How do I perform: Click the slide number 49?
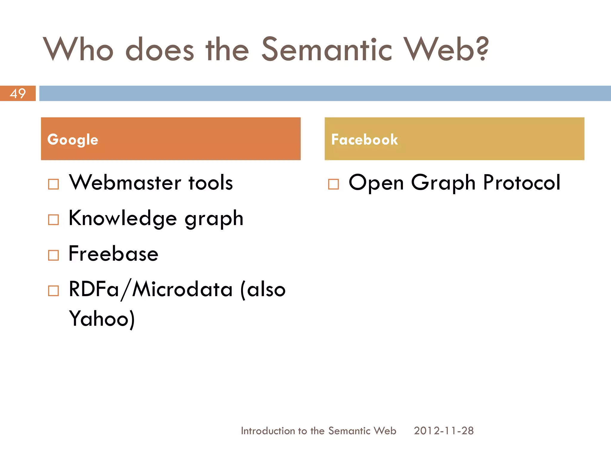click(18, 94)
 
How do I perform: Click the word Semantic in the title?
click(326, 49)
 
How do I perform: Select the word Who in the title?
click(78, 49)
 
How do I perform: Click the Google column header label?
click(72, 140)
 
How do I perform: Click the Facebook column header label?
click(364, 140)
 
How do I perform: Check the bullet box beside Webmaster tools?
click(53, 184)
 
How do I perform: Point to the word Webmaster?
click(125, 183)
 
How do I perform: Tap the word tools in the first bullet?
click(211, 183)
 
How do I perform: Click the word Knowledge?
click(123, 218)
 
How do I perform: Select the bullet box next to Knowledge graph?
click(53, 220)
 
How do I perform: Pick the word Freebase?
click(113, 254)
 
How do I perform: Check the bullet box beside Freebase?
click(53, 255)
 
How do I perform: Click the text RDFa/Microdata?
click(150, 289)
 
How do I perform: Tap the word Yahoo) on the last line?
click(102, 319)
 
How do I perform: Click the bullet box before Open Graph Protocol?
click(333, 184)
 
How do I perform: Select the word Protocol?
click(521, 183)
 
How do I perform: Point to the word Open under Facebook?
click(376, 183)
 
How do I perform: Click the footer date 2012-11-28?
click(444, 431)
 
